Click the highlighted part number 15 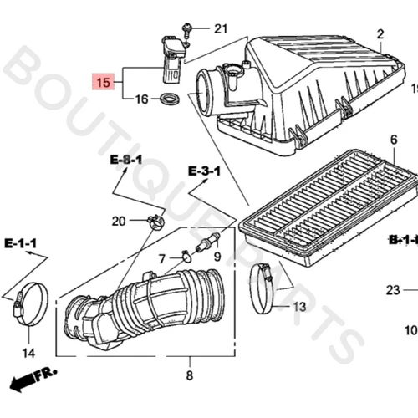pos(103,83)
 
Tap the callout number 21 pos(220,29)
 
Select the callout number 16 pos(141,99)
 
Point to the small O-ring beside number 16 pos(171,101)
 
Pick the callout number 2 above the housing pos(380,34)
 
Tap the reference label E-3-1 pos(204,171)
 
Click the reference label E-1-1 pos(20,243)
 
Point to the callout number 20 pos(119,221)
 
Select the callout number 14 pos(28,351)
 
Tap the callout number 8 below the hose pos(189,375)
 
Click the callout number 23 pos(393,290)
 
